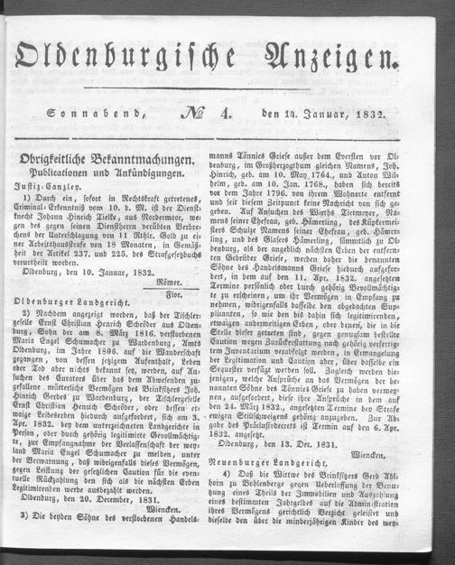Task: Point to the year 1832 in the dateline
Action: (x=373, y=115)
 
